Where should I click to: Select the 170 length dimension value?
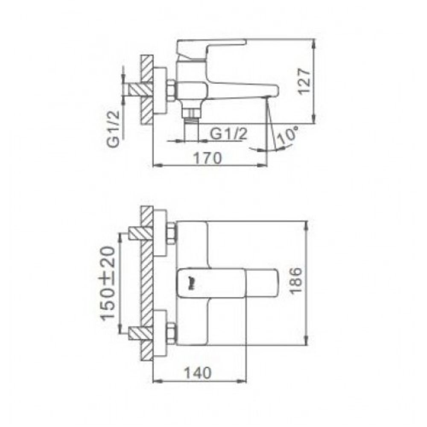(x=208, y=158)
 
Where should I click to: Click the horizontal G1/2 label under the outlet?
(x=228, y=134)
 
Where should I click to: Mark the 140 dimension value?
(x=199, y=372)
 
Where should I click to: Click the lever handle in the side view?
(x=211, y=47)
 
